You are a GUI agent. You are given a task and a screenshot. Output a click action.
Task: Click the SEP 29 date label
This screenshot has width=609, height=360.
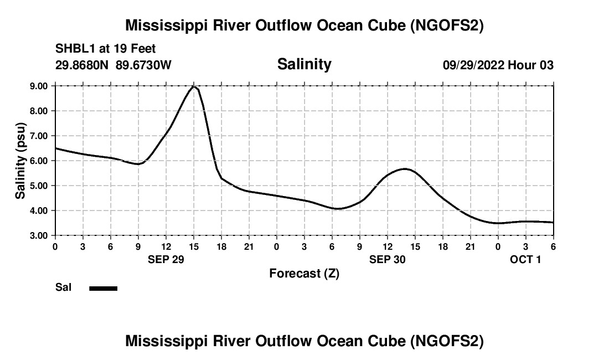(166, 259)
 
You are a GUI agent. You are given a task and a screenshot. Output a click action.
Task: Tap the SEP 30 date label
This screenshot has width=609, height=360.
(388, 259)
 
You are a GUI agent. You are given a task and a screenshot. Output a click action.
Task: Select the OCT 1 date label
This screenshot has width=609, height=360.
(525, 259)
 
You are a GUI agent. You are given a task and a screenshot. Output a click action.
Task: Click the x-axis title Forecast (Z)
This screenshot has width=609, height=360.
(304, 273)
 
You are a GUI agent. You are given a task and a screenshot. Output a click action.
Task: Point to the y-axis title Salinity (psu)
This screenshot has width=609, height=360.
(20, 161)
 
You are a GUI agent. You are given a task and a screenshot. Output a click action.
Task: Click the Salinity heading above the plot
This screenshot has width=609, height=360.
(304, 64)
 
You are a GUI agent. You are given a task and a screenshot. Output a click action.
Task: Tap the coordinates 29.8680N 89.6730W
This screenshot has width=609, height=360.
(113, 65)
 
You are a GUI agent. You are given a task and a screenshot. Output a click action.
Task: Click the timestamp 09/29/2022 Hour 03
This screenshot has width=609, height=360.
(498, 65)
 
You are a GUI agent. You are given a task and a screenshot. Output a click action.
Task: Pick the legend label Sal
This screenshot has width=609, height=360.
(63, 287)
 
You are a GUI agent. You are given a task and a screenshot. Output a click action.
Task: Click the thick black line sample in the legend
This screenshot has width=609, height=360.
(104, 288)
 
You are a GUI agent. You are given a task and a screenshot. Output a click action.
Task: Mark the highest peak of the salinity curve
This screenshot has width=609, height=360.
(194, 86)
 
